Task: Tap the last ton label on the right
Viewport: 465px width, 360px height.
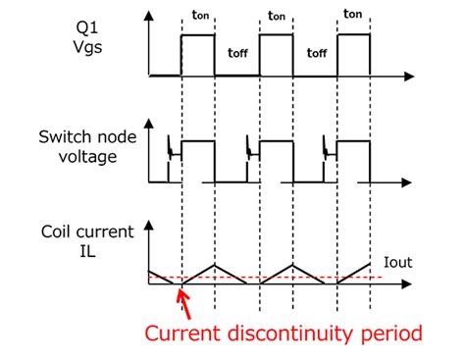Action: click(x=351, y=17)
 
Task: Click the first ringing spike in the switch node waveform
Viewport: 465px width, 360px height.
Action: click(x=171, y=147)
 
